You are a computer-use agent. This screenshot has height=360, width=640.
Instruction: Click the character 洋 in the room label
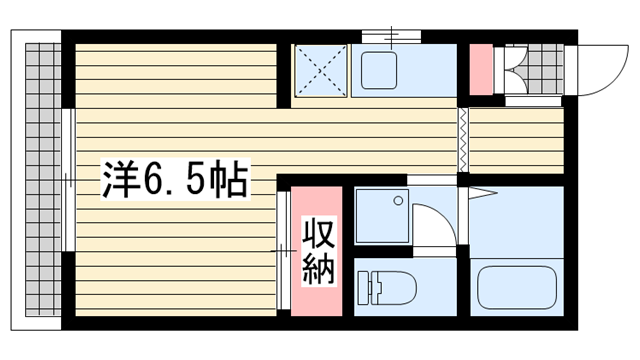tap(120, 180)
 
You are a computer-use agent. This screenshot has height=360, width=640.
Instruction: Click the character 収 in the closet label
tap(318, 234)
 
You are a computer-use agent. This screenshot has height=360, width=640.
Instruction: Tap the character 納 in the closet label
tap(318, 269)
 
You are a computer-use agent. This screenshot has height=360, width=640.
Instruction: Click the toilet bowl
tap(393, 288)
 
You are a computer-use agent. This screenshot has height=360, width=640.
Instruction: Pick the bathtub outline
tap(517, 287)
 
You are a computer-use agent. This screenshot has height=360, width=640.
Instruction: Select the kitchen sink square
tap(379, 70)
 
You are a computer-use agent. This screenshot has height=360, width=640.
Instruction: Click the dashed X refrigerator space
tap(320, 71)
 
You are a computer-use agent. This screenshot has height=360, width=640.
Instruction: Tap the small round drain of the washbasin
tap(398, 200)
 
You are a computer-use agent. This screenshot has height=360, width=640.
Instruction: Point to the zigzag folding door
tap(463, 140)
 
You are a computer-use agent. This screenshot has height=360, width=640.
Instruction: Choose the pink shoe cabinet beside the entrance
tap(481, 70)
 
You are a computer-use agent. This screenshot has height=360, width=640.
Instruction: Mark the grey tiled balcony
tap(43, 180)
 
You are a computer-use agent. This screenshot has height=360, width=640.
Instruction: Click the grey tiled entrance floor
tap(545, 69)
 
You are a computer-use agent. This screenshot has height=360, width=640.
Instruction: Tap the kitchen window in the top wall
tap(391, 36)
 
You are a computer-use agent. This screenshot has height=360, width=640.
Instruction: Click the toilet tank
tap(364, 288)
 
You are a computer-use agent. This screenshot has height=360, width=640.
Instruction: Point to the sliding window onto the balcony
tap(69, 180)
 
